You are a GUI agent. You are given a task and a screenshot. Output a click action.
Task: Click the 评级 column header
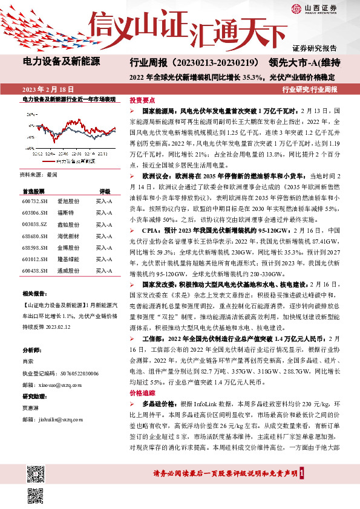tap(104, 190)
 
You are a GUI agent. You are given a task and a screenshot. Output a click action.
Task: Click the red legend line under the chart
tap(48, 161)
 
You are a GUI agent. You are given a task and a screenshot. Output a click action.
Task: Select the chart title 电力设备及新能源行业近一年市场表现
tap(68, 98)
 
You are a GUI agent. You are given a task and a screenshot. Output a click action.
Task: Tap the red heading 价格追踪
tap(142, 392)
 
